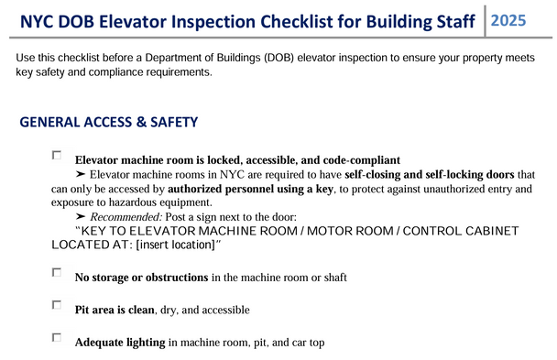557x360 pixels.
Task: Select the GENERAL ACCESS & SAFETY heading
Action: (x=109, y=122)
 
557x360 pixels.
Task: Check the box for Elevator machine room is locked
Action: (x=57, y=157)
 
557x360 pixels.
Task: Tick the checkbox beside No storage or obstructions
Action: (x=57, y=273)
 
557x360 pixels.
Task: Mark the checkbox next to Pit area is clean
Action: (x=57, y=305)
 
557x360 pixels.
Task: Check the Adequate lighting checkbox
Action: (x=57, y=338)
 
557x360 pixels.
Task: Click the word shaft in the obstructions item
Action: (x=333, y=277)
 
